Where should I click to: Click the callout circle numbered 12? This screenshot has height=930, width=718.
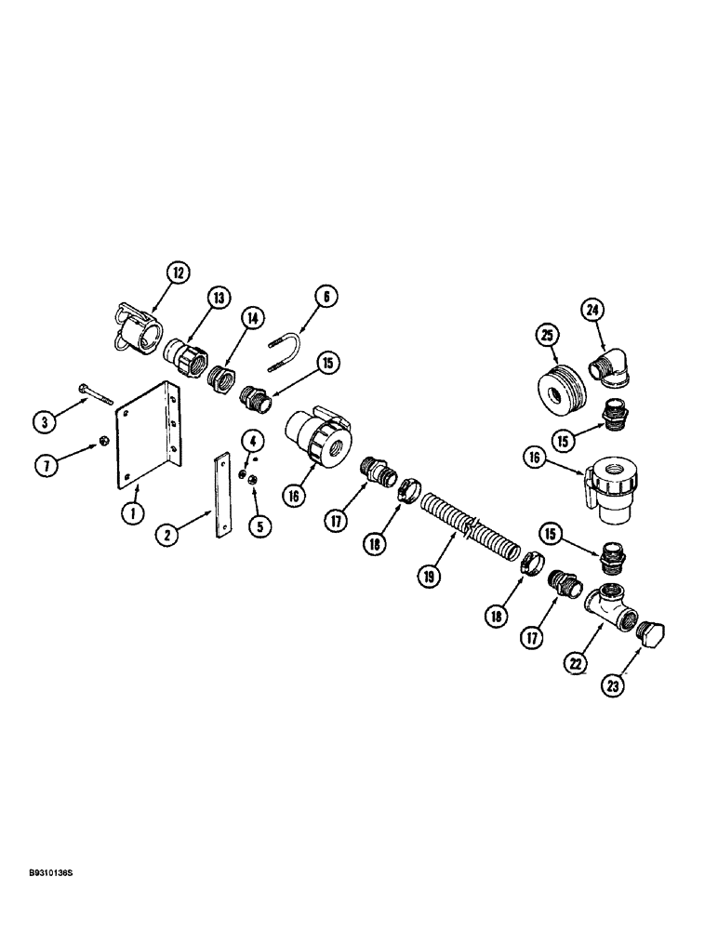point(178,272)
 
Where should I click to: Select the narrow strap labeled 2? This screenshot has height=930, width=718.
point(223,495)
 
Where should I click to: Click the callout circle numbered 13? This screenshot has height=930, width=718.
point(218,298)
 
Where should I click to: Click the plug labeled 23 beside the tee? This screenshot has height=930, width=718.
point(654,637)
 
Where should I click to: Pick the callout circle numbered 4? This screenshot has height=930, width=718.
point(251,438)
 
